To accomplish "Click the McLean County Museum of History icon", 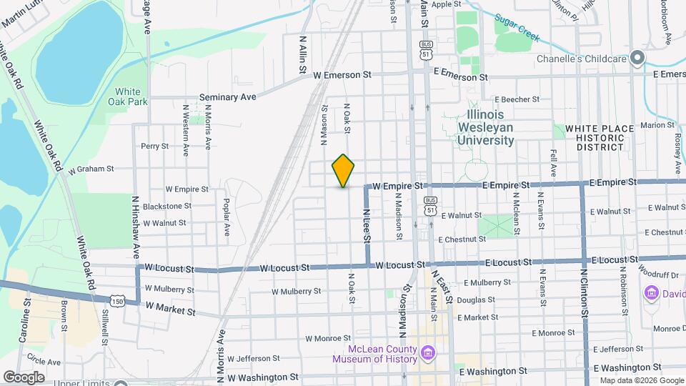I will coord(428,353).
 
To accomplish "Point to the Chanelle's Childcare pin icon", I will coord(637,59).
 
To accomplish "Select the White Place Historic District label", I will coord(600,137).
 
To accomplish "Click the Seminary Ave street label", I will coord(227,96).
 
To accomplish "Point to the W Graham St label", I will coord(91,169).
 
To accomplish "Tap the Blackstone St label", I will coord(167,206).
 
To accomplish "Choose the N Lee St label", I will coord(367,222).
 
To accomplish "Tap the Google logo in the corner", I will coord(24,377).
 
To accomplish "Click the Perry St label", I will coord(154,146).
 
